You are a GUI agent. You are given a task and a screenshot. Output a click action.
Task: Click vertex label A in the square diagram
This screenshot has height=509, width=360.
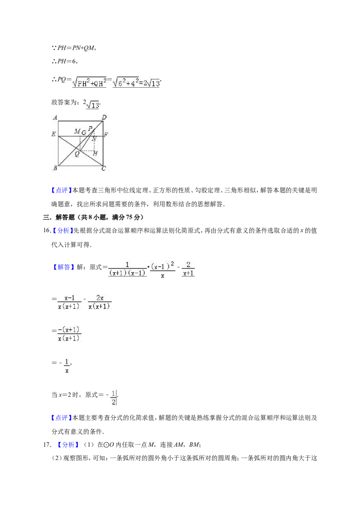click(x=55, y=117)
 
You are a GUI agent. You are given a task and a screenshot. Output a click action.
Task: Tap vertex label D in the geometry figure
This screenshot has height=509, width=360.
click(x=104, y=117)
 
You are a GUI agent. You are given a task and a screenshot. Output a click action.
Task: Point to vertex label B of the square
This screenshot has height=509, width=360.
click(x=55, y=168)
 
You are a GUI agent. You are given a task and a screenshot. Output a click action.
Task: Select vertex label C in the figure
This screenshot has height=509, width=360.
click(x=103, y=168)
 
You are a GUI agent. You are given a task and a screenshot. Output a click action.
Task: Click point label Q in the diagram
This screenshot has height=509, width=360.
click(x=77, y=154)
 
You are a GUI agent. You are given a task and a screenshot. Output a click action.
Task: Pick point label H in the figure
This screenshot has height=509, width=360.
click(x=95, y=153)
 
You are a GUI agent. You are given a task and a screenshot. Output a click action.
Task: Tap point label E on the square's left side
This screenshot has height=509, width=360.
click(x=54, y=134)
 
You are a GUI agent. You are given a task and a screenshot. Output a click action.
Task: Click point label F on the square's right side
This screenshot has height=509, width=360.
click(x=106, y=135)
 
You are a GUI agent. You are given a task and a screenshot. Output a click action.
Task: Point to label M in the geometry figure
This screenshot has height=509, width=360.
click(x=77, y=131)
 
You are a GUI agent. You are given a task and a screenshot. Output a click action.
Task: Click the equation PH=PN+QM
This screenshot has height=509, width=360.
click(x=73, y=48)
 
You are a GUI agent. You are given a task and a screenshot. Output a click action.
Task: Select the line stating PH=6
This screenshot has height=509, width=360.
click(x=64, y=61)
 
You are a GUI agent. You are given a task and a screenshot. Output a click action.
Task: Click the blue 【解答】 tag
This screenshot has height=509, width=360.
click(x=61, y=267)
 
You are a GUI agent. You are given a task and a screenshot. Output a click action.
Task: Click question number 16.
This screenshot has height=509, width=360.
click(x=47, y=231)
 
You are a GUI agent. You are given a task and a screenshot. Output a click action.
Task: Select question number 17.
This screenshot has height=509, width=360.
click(x=47, y=444)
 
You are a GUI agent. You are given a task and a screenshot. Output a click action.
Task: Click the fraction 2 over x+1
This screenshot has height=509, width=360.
click(x=189, y=269)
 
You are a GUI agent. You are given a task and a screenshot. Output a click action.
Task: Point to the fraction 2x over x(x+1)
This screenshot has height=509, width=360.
click(x=100, y=302)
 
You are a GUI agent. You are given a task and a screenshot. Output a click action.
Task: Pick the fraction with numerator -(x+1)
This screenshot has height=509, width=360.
click(x=69, y=334)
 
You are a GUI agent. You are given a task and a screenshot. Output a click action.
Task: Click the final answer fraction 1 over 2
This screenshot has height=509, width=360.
click(x=113, y=398)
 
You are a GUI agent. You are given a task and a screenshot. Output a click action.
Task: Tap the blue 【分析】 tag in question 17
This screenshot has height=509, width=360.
click(x=68, y=444)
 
